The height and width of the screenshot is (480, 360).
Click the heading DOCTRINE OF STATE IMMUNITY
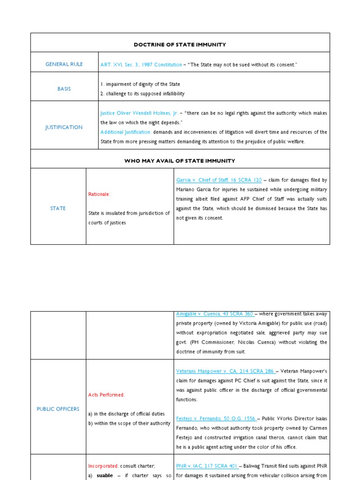pos(180,45)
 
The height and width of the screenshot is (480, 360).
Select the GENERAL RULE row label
pos(64,64)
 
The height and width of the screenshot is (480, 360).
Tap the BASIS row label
pos(64,89)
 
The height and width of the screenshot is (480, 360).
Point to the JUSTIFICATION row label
pos(64,127)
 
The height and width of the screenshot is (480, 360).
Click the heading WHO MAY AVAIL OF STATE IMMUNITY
pos(180,161)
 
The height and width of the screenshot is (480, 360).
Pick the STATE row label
pos(58,208)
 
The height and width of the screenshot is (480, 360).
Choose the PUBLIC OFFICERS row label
pos(58,409)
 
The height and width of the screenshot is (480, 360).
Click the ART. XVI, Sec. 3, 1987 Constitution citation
pos(141,65)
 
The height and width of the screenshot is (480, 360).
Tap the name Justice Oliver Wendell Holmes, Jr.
pos(139,113)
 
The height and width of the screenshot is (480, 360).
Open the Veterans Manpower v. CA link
pos(215,371)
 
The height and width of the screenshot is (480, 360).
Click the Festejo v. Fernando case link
pos(215,419)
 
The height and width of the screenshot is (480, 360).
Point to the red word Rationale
pos(99,194)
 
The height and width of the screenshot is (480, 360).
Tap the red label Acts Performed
pos(106,395)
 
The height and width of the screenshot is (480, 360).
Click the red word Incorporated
pos(103,466)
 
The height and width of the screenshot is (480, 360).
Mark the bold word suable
pos(105,475)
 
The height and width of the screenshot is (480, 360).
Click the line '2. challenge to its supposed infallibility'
pos(142,94)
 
